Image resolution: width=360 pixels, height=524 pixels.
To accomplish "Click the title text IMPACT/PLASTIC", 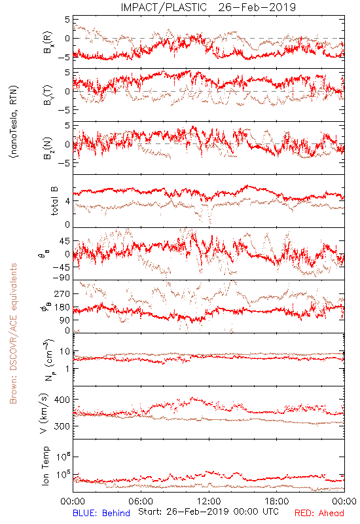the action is [x=164, y=7].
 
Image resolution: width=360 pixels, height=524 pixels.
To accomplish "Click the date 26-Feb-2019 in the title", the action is [x=257, y=7].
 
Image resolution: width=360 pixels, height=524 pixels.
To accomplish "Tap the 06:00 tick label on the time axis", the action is [x=141, y=501].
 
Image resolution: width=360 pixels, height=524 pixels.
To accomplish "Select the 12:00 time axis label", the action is [x=209, y=501].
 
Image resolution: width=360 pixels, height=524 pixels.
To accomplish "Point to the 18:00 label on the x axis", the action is [x=277, y=501].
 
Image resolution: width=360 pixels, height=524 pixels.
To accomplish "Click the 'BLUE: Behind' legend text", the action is [x=101, y=513].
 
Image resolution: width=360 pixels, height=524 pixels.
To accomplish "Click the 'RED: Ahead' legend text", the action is [x=319, y=513].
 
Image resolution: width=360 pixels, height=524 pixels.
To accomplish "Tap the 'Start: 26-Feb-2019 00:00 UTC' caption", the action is [x=209, y=512].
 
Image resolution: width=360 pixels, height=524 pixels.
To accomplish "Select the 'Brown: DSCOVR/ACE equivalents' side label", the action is [x=13, y=333].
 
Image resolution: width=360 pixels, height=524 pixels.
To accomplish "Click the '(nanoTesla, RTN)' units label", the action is [x=14, y=122].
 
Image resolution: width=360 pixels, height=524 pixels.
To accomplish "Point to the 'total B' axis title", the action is [x=54, y=200].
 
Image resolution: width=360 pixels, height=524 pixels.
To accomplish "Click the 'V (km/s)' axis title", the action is [x=44, y=413].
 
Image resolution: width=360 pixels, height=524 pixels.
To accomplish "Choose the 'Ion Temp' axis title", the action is [x=45, y=466].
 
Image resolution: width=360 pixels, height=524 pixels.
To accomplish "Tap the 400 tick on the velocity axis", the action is [x=62, y=400].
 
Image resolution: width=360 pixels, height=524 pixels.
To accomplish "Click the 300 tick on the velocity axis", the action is [x=62, y=426].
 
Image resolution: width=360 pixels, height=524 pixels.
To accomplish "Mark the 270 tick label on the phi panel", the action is [x=62, y=293].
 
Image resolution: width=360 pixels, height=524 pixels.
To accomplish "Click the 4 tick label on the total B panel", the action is [x=68, y=201].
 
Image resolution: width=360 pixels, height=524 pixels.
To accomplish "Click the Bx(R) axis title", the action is [x=47, y=42].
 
